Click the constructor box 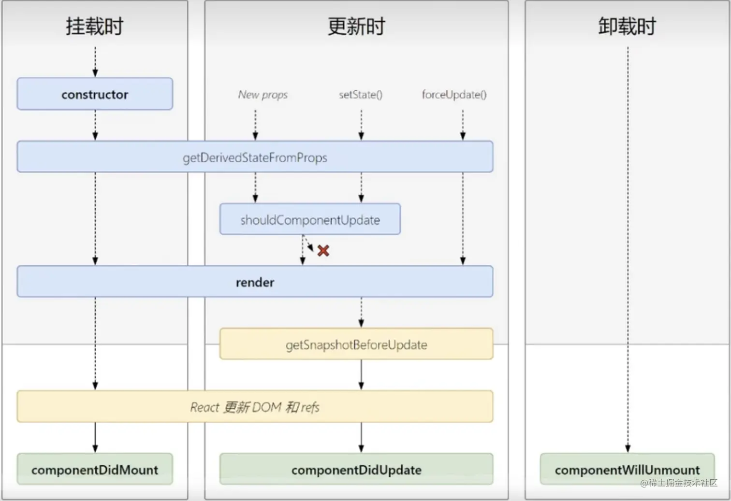pyautogui.click(x=95, y=94)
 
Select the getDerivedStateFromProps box pyautogui.click(x=255, y=157)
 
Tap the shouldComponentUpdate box pyautogui.click(x=310, y=220)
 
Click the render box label pyautogui.click(x=255, y=282)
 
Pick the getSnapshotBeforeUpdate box pyautogui.click(x=356, y=344)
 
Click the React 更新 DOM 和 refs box pyautogui.click(x=255, y=407)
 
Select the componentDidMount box pyautogui.click(x=95, y=470)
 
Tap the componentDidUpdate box pyautogui.click(x=356, y=470)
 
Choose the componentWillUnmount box pyautogui.click(x=627, y=470)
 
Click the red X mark pyautogui.click(x=323, y=250)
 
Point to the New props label pyautogui.click(x=263, y=95)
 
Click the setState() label pyautogui.click(x=361, y=95)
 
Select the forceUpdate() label pyautogui.click(x=454, y=95)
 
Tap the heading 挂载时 pyautogui.click(x=95, y=26)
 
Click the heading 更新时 pyautogui.click(x=356, y=26)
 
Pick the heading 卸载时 pyautogui.click(x=627, y=26)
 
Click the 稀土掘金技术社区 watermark pyautogui.click(x=679, y=483)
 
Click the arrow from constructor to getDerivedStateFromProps pyautogui.click(x=95, y=125)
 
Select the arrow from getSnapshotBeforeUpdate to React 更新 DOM pyautogui.click(x=361, y=375)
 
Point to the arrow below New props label pyautogui.click(x=255, y=125)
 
